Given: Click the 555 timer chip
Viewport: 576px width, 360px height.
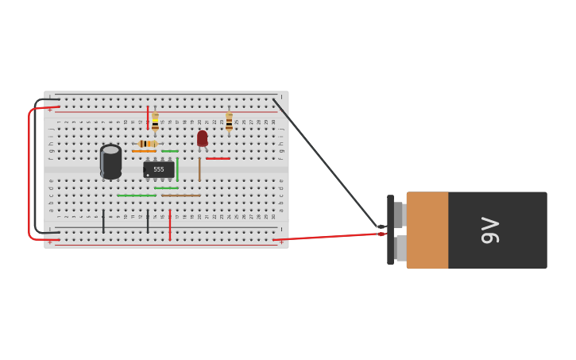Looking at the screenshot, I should coord(159,169).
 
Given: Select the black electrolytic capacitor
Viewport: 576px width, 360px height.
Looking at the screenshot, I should coord(110,161).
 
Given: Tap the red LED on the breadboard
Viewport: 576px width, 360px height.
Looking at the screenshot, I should coord(202,138).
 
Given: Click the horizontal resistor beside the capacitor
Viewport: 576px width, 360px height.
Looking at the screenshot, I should coord(146,144).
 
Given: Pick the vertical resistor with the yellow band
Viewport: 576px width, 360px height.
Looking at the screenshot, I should coord(155,122).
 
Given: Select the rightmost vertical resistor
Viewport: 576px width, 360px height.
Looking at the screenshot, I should coord(229,122).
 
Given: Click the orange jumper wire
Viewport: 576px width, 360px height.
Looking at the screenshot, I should coord(144,151).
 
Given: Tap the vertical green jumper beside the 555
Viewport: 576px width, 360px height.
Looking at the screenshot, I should coord(177,169).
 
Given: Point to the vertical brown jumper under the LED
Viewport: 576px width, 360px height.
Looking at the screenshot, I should coord(199,169).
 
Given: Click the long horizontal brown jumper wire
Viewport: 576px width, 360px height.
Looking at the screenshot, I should coord(181,195).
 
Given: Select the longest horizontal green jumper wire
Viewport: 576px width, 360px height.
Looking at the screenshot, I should coord(137,195).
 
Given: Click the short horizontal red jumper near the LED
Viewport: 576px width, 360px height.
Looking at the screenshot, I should coord(218,158).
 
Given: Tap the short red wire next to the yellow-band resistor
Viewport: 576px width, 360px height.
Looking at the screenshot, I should coord(148,118).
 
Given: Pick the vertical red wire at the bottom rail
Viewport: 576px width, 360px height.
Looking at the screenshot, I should coord(169,224).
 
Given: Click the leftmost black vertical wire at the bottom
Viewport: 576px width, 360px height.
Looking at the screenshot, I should coord(103,221).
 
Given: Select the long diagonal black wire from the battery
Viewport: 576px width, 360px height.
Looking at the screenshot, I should coord(326,164).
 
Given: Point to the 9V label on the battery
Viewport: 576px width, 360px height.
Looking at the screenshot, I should coord(490,230).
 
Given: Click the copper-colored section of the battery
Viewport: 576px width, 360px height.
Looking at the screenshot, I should coord(427,230).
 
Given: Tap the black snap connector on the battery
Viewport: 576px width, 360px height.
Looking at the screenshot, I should coord(390,230).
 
